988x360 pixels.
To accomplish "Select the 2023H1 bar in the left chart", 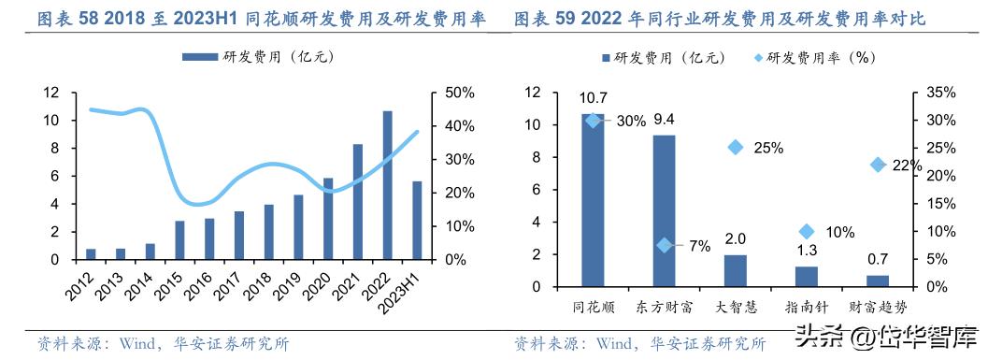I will [417, 221].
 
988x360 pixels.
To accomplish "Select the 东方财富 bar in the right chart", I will [664, 210].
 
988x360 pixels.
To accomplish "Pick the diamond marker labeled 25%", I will [736, 147].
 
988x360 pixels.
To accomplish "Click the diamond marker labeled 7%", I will [665, 245].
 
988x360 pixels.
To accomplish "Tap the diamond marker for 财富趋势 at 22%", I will [878, 165].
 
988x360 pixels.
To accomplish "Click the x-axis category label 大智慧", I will [736, 307].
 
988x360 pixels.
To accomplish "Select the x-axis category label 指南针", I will [807, 307].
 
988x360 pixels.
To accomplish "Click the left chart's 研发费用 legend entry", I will [258, 57].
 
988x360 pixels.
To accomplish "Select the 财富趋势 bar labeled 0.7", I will [878, 281].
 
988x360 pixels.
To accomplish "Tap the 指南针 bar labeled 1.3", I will [807, 276].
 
